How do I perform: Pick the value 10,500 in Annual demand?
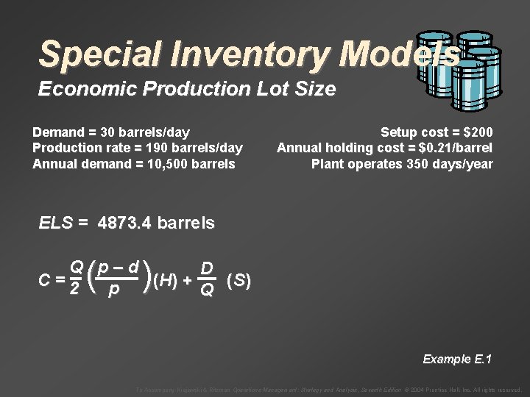160,163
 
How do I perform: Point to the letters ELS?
54,223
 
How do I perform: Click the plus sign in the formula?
188,280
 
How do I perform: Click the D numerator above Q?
208,268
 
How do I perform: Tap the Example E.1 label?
457,359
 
